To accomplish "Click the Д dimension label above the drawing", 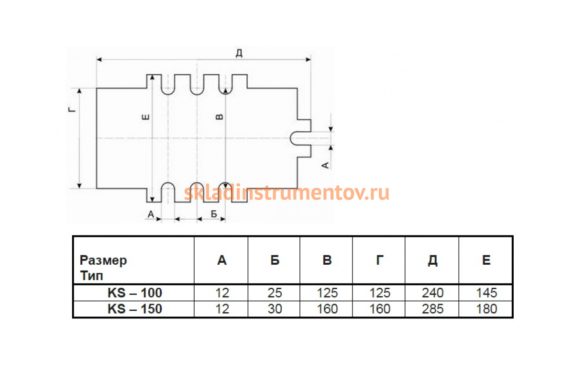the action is click(239, 53).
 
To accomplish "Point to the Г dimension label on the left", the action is click(73, 110).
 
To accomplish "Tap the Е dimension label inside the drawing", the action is click(145, 117).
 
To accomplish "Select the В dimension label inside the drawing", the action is click(220, 117).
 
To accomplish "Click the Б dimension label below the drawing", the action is click(214, 214).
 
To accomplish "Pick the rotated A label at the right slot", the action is click(325, 166).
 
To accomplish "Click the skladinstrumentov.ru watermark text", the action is click(287, 193).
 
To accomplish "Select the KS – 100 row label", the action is click(135, 293).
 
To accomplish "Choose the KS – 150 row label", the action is click(135, 309).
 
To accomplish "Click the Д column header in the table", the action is click(432, 260).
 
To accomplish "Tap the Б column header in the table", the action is click(275, 260).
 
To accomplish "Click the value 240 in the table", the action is click(432, 293).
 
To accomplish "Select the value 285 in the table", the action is click(432, 309).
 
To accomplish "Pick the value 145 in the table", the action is click(486, 293).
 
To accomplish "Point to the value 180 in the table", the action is click(486, 309).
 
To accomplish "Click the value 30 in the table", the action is click(275, 309).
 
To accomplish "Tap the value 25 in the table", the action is click(275, 293).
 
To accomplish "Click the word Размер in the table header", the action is click(103, 260).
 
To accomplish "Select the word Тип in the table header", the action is click(91, 276).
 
